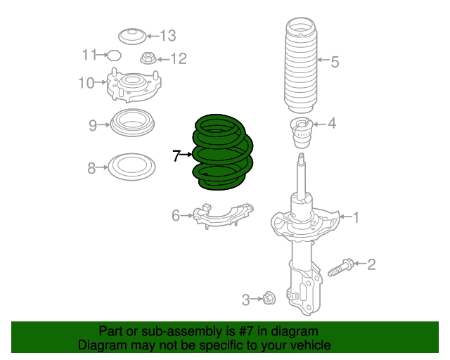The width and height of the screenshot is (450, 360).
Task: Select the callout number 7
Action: (x=177, y=155)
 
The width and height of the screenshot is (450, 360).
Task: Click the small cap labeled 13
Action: (x=131, y=35)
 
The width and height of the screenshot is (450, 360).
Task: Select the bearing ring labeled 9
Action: (x=133, y=125)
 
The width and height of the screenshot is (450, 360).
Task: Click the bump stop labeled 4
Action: (x=302, y=131)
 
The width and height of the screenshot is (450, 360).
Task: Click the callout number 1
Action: (x=356, y=217)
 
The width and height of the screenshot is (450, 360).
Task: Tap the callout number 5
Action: (x=335, y=62)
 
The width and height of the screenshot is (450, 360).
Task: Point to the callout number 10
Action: (x=86, y=84)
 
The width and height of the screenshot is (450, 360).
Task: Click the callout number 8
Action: (x=91, y=168)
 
